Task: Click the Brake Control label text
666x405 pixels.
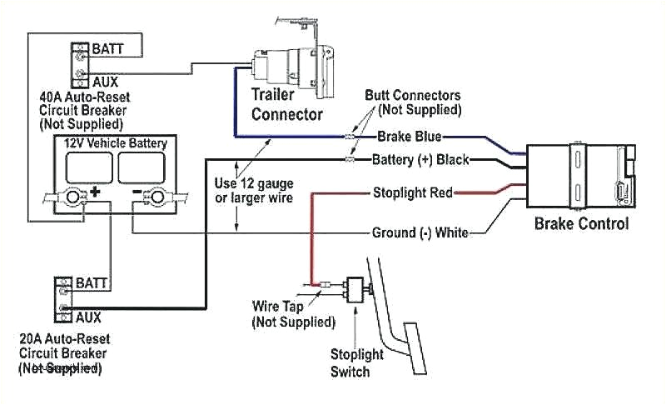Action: coord(581,223)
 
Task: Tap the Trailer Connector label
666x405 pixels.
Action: coord(287,103)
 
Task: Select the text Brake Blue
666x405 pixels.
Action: coord(409,136)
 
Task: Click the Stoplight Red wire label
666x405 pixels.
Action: coord(412,193)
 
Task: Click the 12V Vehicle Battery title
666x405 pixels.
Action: coord(117,143)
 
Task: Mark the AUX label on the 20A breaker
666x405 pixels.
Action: coord(88,317)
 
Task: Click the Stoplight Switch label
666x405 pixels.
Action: coord(356,362)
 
